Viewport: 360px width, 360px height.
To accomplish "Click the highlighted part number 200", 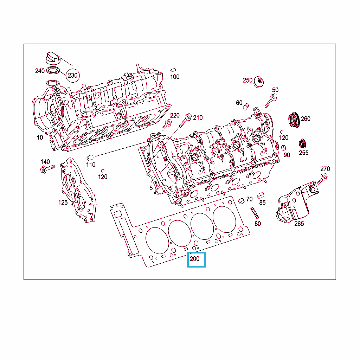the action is [x=194, y=259].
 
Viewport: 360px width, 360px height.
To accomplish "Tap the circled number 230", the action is [x=72, y=75].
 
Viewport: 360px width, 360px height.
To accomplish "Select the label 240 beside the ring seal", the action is [x=40, y=71].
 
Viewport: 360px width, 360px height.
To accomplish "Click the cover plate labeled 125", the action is [x=78, y=190].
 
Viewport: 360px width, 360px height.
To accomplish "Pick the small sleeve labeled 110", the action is [x=90, y=157].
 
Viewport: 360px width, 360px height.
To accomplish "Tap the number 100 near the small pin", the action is [x=175, y=77].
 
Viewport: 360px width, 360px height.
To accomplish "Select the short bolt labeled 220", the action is [x=167, y=124].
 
